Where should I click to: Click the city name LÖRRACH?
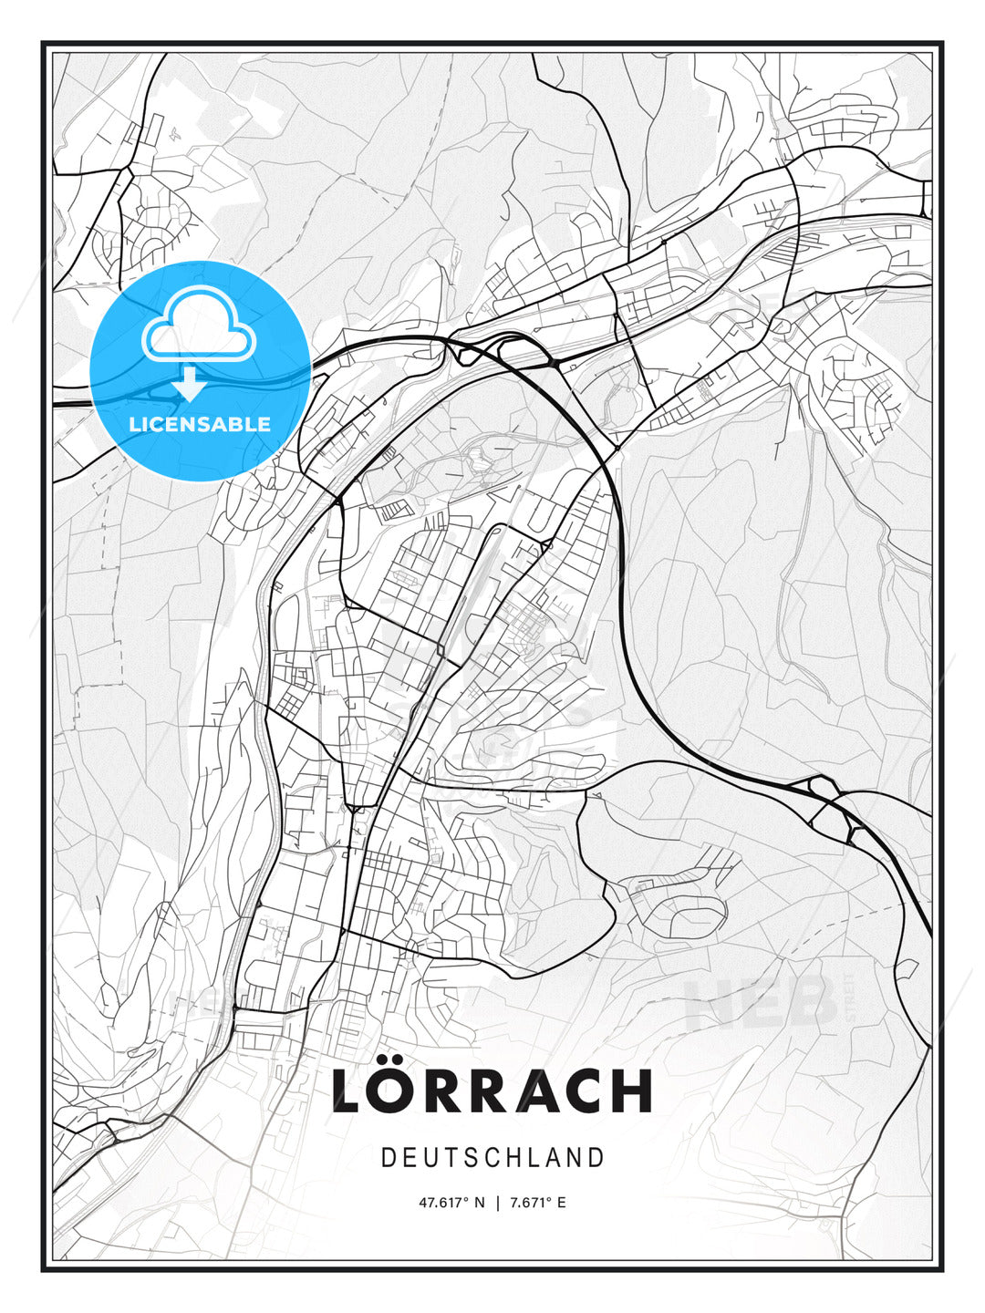tap(493, 1090)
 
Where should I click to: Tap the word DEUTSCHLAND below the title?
tap(493, 1158)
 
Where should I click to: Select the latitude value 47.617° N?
tap(451, 1203)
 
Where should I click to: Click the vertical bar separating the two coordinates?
tap(497, 1203)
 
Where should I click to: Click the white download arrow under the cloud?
tap(190, 384)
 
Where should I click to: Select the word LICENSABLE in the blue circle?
tap(200, 424)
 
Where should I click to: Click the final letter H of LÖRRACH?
tap(631, 1091)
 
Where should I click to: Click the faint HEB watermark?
tap(762, 1003)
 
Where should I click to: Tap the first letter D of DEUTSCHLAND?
tap(388, 1158)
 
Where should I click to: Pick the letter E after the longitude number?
tap(561, 1203)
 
